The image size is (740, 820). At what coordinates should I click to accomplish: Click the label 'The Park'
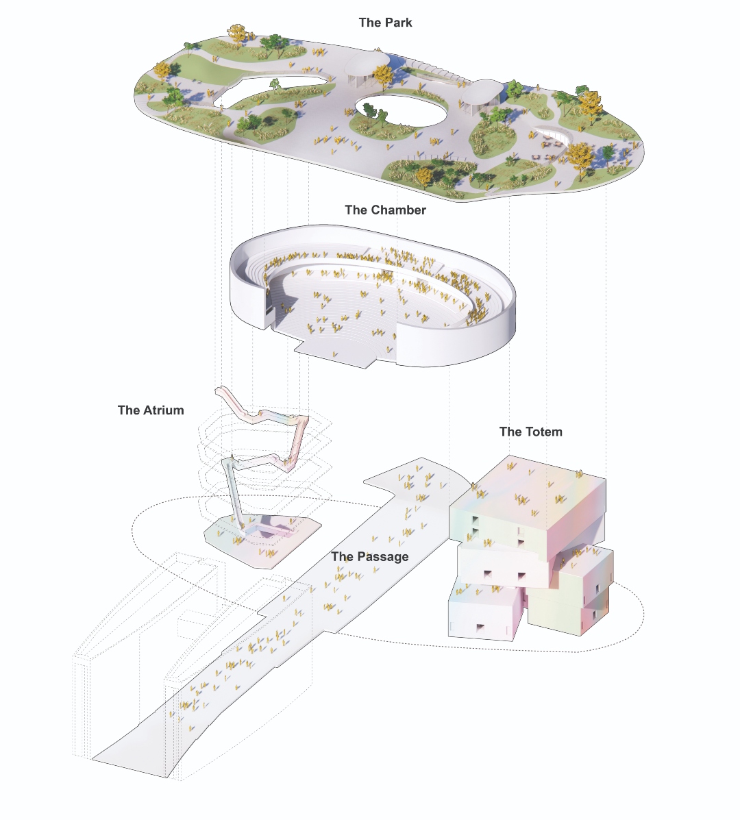click(x=385, y=23)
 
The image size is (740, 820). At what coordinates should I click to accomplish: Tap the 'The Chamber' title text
click(x=385, y=210)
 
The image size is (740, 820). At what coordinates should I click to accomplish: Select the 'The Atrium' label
click(x=151, y=410)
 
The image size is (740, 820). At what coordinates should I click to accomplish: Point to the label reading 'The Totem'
click(x=530, y=432)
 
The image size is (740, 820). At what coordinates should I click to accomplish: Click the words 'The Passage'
click(x=370, y=556)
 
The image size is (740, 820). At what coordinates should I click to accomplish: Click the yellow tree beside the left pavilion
click(x=383, y=76)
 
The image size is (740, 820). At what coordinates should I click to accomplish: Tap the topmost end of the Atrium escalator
click(x=220, y=390)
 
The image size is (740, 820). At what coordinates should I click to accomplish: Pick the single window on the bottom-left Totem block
click(x=480, y=628)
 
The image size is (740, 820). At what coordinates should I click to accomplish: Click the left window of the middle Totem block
click(x=489, y=574)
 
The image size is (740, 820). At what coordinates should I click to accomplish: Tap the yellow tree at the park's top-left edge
click(x=238, y=32)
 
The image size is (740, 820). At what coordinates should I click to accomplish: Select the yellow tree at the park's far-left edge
click(x=163, y=71)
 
